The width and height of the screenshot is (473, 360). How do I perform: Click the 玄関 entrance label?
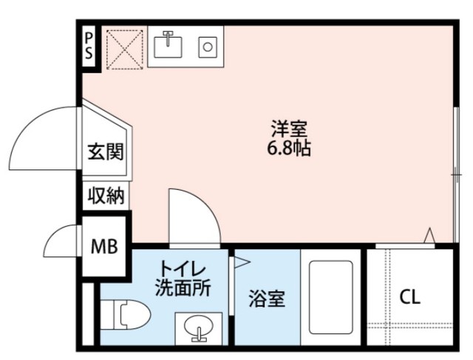click(104, 153)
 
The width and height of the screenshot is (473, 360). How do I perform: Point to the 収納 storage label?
click(106, 195)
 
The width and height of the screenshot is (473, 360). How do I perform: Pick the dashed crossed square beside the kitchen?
click(124, 50)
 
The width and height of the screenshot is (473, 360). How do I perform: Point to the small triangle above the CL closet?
click(428, 235)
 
